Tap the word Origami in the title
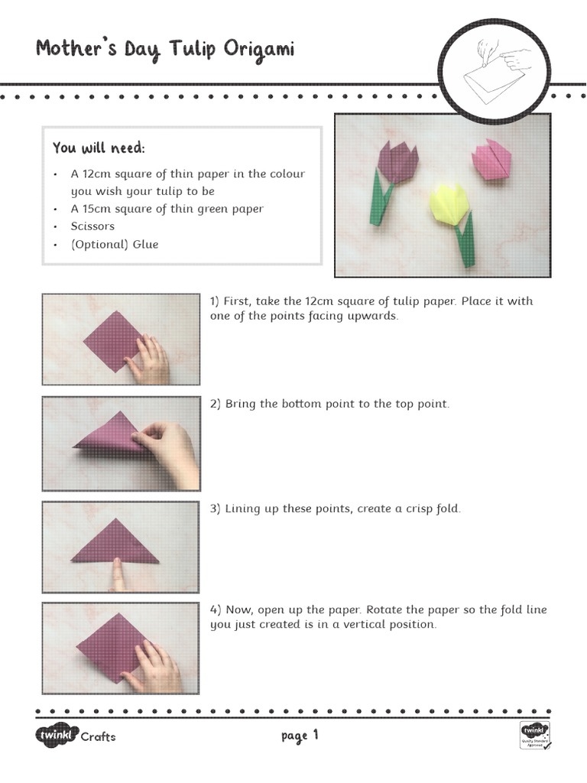pos(259,51)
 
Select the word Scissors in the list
pos(92,226)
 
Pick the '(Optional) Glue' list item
pos(115,244)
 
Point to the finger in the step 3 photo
pos(117,573)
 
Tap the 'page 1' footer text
pos(299,736)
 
